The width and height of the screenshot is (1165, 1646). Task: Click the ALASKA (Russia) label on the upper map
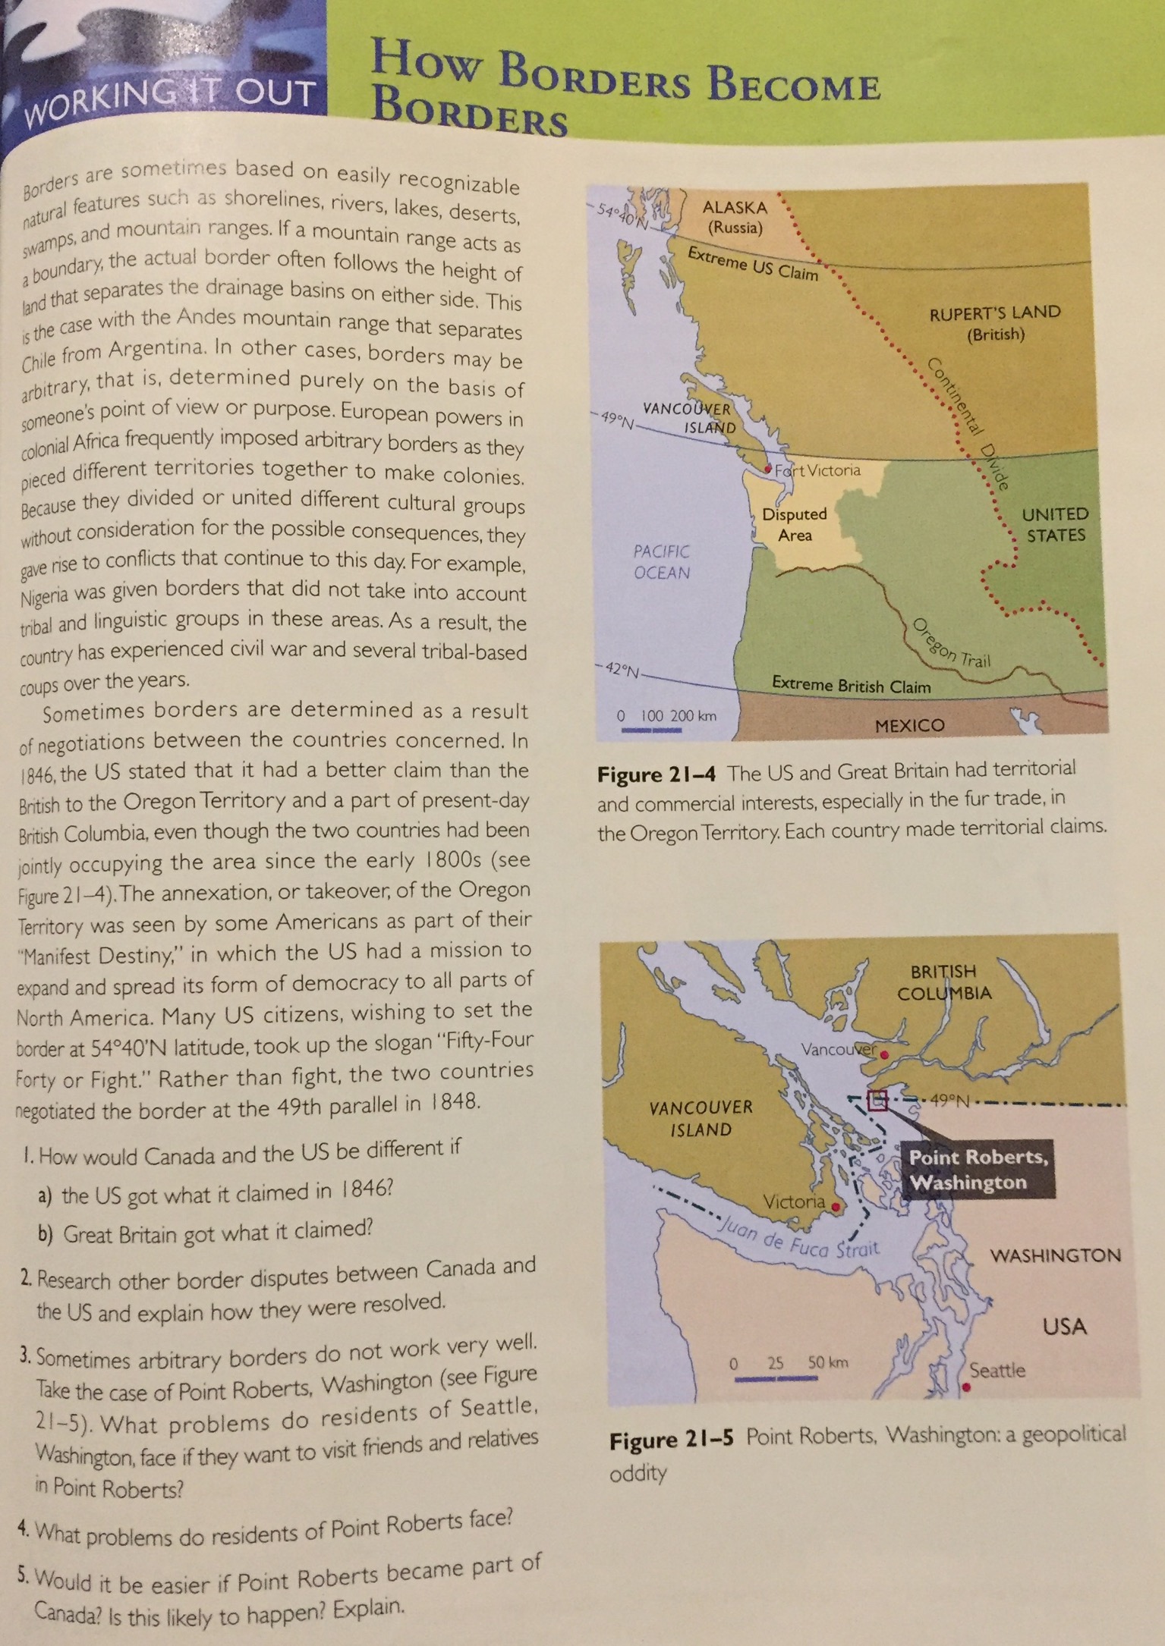734,217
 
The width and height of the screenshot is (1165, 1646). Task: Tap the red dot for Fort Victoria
770,469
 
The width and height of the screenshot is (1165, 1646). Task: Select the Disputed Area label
795,524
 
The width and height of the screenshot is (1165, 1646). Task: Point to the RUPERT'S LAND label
995,322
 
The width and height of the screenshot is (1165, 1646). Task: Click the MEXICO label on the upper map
909,725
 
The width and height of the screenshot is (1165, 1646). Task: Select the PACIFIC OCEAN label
662,561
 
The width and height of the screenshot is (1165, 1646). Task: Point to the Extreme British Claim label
851,686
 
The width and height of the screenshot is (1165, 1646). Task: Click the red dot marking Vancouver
883,1054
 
